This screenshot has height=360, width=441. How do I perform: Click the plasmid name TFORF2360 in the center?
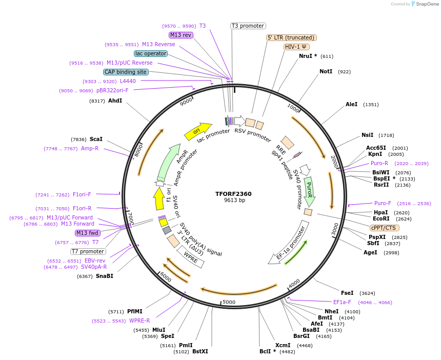pyautogui.click(x=233, y=194)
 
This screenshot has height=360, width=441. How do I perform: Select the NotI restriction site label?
pyautogui.click(x=326, y=72)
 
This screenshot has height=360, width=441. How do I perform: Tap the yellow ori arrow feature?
pyautogui.click(x=197, y=131)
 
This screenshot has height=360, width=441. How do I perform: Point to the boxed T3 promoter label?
pyautogui.click(x=248, y=26)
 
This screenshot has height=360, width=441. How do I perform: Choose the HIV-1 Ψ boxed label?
pyautogui.click(x=296, y=47)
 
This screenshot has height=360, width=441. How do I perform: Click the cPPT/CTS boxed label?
pyautogui.click(x=384, y=228)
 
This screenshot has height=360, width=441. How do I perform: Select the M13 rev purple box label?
pyautogui.click(x=181, y=35)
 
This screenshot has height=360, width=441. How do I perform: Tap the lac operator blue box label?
pyautogui.click(x=151, y=53)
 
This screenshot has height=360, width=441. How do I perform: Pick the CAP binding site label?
pyautogui.click(x=126, y=72)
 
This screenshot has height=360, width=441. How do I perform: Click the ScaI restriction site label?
pyautogui.click(x=96, y=139)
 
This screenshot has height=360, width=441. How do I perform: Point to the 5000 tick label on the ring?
pyautogui.click(x=229, y=302)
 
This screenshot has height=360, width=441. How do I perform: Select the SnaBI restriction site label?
pyautogui.click(x=104, y=276)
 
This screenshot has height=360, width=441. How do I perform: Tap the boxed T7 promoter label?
pyautogui.click(x=88, y=251)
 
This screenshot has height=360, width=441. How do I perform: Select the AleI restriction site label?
pyautogui.click(x=351, y=104)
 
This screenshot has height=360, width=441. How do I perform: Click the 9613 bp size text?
pyautogui.click(x=233, y=201)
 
